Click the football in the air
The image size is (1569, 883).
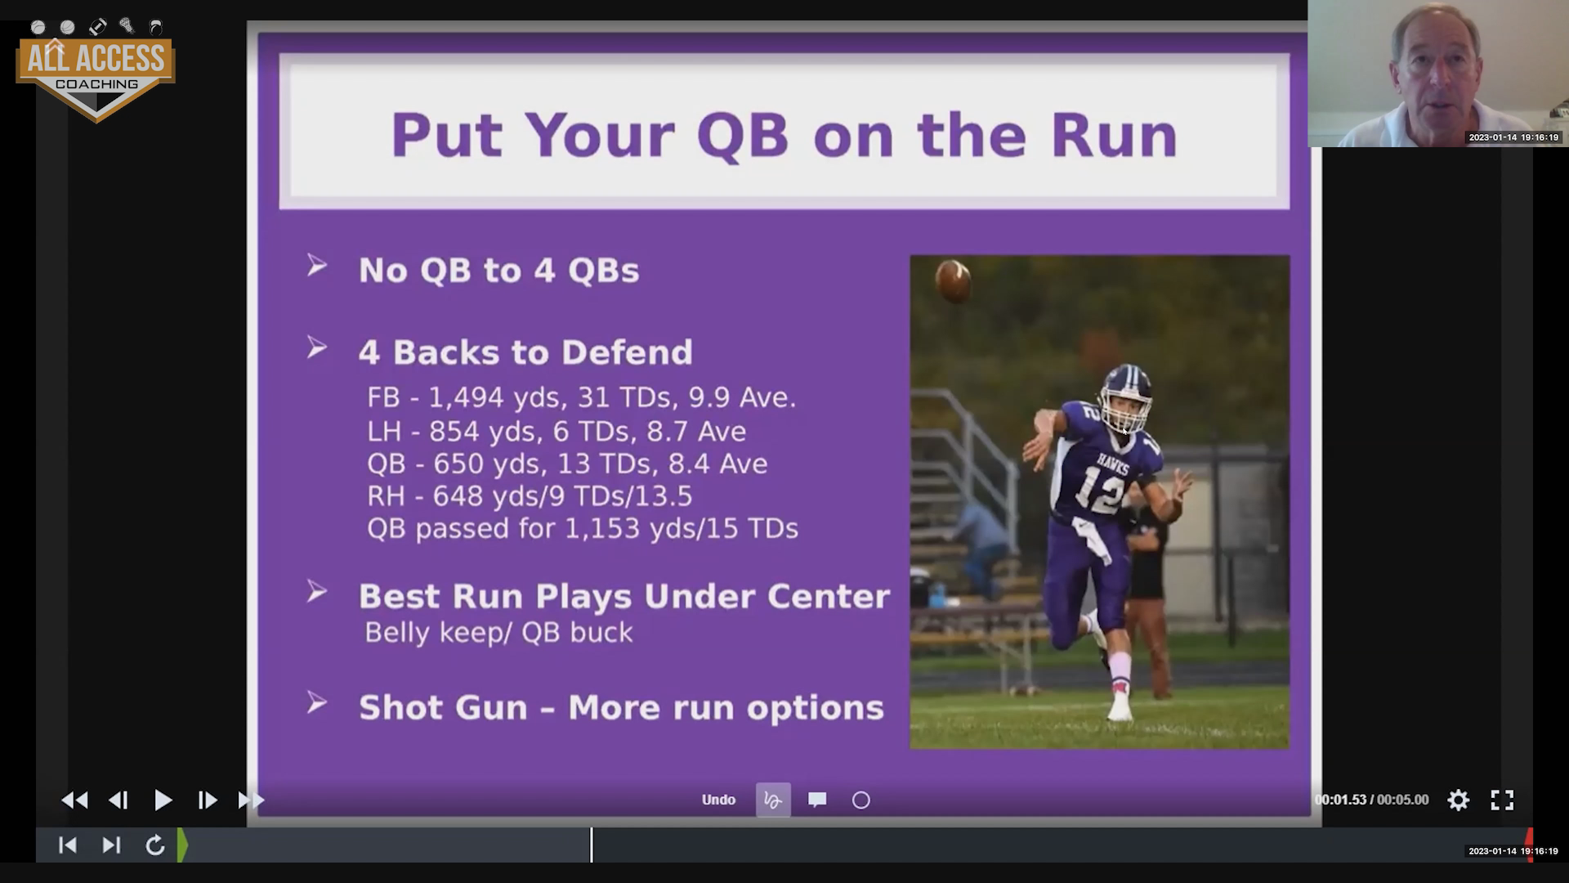click(953, 280)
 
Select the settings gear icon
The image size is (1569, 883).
click(1459, 800)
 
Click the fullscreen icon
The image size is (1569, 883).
click(1502, 800)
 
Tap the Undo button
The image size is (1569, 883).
click(718, 800)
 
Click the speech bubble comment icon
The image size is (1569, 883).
click(817, 800)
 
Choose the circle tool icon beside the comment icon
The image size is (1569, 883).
click(861, 800)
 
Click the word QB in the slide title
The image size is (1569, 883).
click(742, 135)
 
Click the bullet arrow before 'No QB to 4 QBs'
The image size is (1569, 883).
click(316, 265)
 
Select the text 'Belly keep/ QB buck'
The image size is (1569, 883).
click(498, 632)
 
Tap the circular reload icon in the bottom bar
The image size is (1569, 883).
click(155, 845)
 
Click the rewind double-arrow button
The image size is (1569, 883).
click(74, 800)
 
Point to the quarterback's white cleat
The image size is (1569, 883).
click(1120, 706)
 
